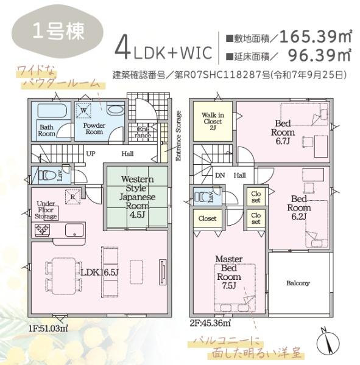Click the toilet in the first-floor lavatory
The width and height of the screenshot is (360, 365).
[45, 175]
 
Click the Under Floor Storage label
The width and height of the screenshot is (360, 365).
[46, 210]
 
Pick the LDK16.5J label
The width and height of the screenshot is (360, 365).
[98, 272]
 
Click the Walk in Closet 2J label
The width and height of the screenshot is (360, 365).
[213, 122]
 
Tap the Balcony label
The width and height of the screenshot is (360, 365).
[298, 283]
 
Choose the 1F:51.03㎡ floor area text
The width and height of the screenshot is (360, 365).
[48, 328]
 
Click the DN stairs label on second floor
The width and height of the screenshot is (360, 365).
[220, 175]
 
